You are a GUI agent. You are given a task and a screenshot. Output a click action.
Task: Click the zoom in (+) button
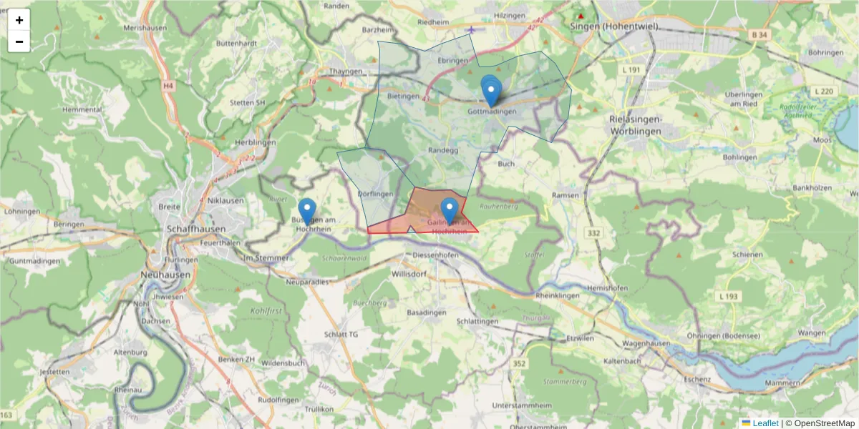tap(19, 20)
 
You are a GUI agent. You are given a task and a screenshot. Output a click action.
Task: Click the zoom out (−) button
tap(19, 41)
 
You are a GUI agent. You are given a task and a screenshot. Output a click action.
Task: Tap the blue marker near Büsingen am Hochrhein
tap(307, 212)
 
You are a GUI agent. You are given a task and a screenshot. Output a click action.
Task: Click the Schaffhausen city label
tap(195, 229)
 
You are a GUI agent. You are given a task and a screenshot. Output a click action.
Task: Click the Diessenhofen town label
tap(436, 255)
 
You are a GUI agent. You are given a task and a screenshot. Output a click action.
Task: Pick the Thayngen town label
tap(346, 71)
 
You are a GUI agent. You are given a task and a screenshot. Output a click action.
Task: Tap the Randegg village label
tap(442, 151)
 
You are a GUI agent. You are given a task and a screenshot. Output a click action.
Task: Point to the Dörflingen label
tap(375, 194)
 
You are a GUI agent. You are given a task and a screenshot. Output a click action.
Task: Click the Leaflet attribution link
tap(765, 423)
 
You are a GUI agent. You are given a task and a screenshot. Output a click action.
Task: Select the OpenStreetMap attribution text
tap(820, 423)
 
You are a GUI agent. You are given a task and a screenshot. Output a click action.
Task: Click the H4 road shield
tap(168, 86)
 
